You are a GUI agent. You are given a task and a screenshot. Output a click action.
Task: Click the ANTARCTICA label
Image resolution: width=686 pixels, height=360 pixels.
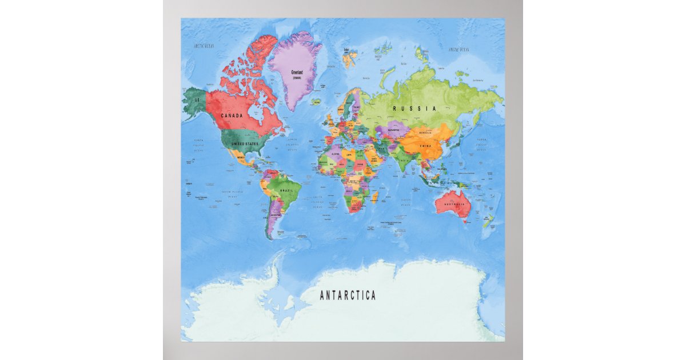tap(348, 295)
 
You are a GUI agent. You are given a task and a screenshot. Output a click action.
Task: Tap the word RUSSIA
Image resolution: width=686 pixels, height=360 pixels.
tap(414, 108)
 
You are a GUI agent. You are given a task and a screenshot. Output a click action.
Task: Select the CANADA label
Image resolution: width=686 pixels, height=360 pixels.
tap(232, 115)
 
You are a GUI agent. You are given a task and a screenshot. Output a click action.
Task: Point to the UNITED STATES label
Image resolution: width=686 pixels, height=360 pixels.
tap(244, 144)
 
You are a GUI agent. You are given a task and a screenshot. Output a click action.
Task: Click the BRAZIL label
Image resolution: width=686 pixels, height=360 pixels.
tap(286, 190)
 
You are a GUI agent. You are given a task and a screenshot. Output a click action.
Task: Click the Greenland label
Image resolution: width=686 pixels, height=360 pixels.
tap(297, 73)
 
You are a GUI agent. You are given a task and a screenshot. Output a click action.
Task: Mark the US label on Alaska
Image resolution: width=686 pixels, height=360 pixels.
tap(197, 99)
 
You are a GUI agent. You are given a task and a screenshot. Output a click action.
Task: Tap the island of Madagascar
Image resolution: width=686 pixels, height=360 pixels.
tap(376, 197)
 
